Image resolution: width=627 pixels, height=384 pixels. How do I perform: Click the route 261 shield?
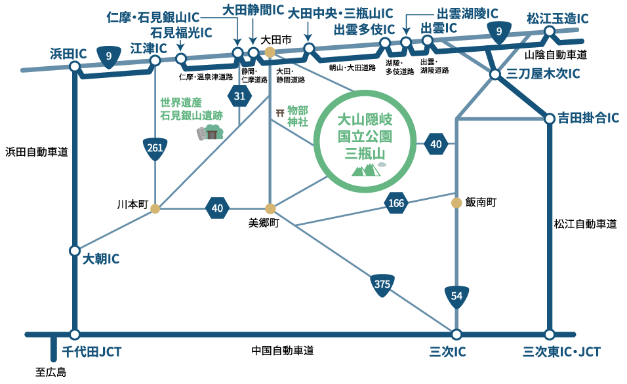[x=155, y=149]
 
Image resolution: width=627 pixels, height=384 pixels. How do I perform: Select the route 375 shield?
[x=382, y=284]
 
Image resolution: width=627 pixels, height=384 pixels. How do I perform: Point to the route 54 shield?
[x=457, y=297]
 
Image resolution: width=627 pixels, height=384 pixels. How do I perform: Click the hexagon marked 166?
[x=396, y=204]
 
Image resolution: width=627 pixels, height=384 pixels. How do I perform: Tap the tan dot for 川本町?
[x=155, y=209]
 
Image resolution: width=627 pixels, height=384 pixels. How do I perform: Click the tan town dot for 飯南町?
[x=456, y=203]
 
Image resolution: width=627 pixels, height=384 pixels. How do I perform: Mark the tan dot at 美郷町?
[x=270, y=209]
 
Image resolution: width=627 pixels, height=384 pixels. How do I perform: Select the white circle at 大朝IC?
[x=75, y=251]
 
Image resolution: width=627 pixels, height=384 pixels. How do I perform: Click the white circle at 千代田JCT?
[x=75, y=334]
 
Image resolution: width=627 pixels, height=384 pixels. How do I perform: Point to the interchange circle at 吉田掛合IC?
[x=550, y=119]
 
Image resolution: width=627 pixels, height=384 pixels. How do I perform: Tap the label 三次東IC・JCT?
[x=561, y=352]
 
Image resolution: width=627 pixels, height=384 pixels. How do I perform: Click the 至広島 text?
[x=51, y=373]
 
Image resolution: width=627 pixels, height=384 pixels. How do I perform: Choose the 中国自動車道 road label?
[x=283, y=351]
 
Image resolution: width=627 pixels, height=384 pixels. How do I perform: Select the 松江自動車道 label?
[x=586, y=224]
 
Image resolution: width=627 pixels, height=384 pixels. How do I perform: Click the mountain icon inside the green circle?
[x=366, y=170]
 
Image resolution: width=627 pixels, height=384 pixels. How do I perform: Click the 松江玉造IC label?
[x=557, y=18]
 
